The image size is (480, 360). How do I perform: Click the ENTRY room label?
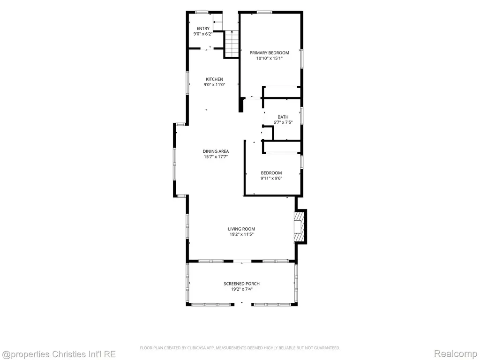coord(203,29)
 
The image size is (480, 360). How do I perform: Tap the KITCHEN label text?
coord(214,79)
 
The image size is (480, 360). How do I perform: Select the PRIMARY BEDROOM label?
coord(270,52)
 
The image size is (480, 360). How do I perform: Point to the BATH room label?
coord(283,117)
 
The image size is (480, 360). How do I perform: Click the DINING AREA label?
coord(216,151)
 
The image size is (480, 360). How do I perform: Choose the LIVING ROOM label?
coord(241,229)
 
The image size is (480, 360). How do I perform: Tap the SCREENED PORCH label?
coord(242,284)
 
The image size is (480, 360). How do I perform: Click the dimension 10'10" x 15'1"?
coord(270,58)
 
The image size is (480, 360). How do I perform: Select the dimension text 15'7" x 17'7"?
coord(216,157)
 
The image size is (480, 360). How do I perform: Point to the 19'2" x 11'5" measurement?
coord(241,234)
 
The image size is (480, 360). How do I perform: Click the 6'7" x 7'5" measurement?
coord(283,122)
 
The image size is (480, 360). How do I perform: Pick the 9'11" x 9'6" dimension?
coord(271,179)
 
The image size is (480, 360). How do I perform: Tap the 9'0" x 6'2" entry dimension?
coord(203,34)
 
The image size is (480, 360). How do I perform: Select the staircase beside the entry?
coord(232,44)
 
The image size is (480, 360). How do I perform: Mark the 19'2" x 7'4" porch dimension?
coord(242,289)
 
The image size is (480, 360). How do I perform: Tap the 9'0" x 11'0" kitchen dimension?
coord(214,85)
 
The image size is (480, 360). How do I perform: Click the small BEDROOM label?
coord(271,173)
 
